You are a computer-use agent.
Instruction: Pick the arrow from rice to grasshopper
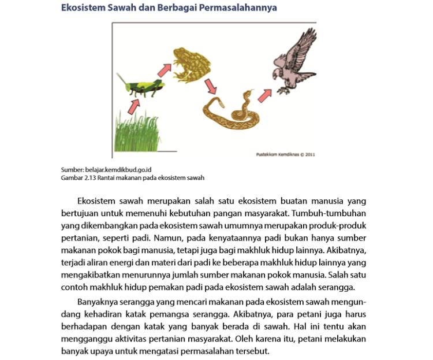134,106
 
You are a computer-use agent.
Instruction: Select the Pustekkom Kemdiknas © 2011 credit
285,154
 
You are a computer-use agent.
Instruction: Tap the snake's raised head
248,94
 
